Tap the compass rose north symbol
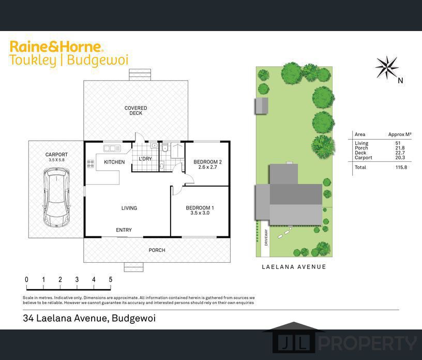point(387,67)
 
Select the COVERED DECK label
point(135,111)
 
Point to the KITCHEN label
point(114,162)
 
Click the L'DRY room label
point(145,159)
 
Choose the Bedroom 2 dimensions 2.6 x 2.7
point(207,168)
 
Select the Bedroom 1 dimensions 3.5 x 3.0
point(200,213)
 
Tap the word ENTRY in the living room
point(124,230)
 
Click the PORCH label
point(157,250)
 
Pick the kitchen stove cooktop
point(91,164)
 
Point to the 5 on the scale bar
point(110,280)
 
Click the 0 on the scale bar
point(26,280)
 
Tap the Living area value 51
point(397,143)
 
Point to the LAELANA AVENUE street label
point(294,267)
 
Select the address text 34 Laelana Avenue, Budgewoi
point(89,318)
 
